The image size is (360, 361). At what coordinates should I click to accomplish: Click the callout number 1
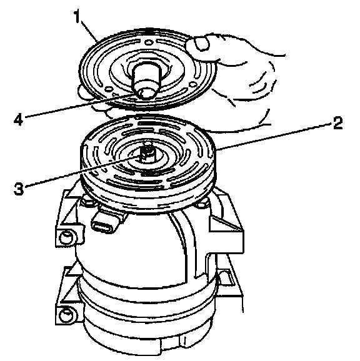tap(77, 16)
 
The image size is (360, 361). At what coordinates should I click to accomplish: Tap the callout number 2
tap(337, 123)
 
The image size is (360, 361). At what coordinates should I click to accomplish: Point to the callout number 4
tap(18, 120)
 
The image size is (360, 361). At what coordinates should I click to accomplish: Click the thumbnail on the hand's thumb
tap(202, 44)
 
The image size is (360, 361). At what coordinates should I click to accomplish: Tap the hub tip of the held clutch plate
tap(145, 94)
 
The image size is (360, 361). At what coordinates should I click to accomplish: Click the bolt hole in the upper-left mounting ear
tap(66, 237)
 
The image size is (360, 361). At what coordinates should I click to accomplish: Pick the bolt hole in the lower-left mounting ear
tap(66, 315)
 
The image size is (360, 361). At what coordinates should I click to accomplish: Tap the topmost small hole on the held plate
tap(149, 42)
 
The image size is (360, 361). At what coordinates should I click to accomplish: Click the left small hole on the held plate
tap(108, 89)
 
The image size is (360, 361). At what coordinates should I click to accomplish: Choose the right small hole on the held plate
tap(192, 85)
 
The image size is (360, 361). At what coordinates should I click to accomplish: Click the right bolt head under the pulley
tap(202, 203)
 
